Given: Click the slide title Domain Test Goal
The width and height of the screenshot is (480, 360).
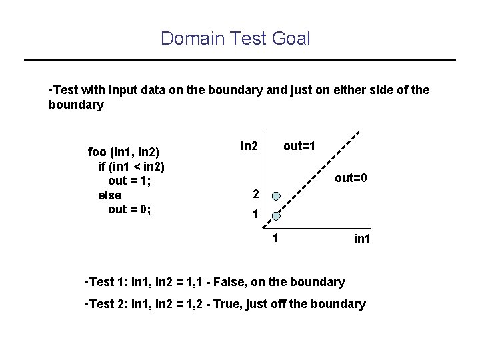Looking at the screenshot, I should [235, 39].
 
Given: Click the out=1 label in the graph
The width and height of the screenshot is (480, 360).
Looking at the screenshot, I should [299, 145].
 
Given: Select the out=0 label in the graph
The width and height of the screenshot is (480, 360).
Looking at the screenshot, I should [351, 178].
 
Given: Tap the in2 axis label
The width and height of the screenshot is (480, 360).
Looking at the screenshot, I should [249, 145].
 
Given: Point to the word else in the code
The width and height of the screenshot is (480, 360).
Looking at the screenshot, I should [109, 195].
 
